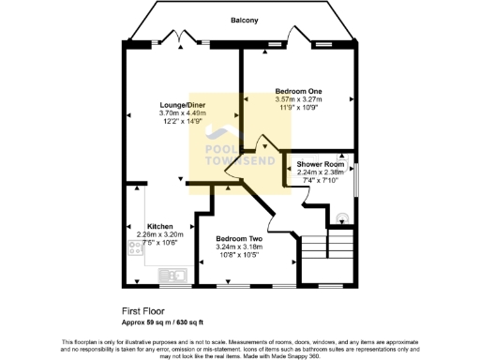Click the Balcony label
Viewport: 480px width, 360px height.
pyautogui.click(x=245, y=20)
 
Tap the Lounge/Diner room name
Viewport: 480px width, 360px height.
pyautogui.click(x=182, y=104)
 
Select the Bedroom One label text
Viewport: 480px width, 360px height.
pyautogui.click(x=298, y=91)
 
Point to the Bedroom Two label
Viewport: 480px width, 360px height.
pyautogui.click(x=238, y=239)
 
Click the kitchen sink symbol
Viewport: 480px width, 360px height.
pyautogui.click(x=173, y=275)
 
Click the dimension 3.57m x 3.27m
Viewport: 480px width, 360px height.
pyautogui.click(x=298, y=99)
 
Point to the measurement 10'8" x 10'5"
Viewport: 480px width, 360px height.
pyautogui.click(x=238, y=256)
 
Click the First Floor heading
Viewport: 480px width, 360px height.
pyautogui.click(x=142, y=309)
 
